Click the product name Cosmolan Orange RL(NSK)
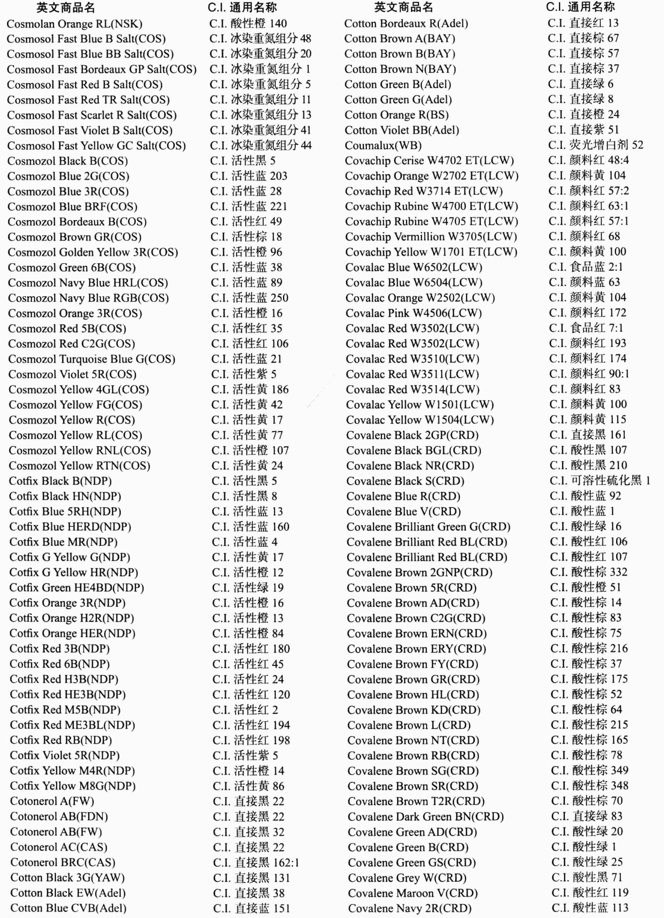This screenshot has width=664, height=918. (74, 24)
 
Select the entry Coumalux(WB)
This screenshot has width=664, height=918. (383, 145)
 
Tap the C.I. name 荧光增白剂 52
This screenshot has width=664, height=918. (596, 145)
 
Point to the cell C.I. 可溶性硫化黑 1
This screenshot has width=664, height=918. (600, 481)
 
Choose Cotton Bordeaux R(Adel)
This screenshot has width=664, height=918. (406, 23)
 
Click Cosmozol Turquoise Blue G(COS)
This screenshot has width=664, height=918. (91, 359)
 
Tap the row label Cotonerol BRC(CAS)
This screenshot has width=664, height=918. (63, 862)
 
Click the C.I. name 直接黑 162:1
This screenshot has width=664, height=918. (256, 862)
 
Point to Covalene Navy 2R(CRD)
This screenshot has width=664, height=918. (410, 908)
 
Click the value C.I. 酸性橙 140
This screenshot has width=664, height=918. (248, 23)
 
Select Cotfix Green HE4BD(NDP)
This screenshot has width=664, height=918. (77, 588)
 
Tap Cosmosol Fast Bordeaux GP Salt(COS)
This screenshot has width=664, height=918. (101, 69)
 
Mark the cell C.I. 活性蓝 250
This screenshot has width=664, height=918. (249, 298)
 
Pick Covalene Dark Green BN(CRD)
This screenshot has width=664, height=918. (426, 817)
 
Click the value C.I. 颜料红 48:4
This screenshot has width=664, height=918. (588, 160)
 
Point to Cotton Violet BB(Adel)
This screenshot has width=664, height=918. (401, 130)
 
